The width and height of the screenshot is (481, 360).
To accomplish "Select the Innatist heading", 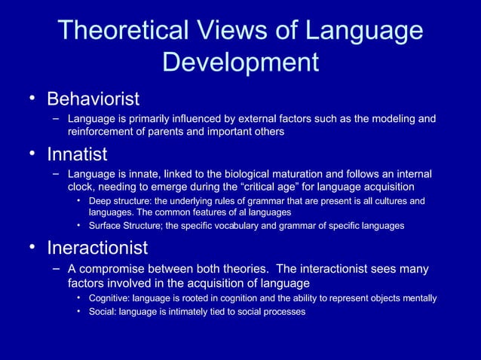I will [77, 154].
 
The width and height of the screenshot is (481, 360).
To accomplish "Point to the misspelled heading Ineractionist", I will [97, 248].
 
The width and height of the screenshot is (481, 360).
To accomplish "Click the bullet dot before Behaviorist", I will [32, 99].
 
